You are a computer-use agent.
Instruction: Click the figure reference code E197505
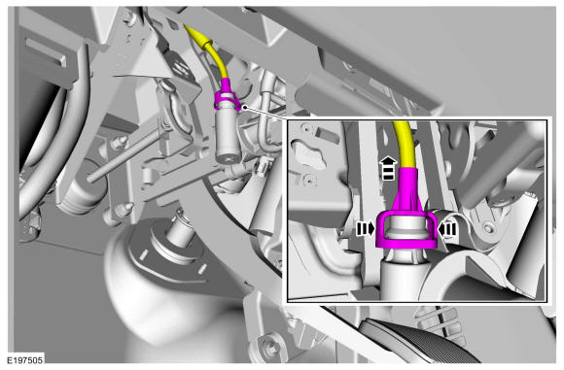click(25, 359)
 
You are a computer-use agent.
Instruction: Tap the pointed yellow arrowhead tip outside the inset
click(184, 25)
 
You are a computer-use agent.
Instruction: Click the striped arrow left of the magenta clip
click(365, 228)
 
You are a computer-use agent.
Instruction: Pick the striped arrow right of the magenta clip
click(447, 229)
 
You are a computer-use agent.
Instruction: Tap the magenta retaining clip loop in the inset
click(406, 230)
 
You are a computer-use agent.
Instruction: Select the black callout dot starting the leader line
click(245, 107)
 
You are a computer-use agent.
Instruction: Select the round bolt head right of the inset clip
click(488, 228)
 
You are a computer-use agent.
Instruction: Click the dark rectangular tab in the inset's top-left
click(327, 136)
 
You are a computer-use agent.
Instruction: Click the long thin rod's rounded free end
click(90, 177)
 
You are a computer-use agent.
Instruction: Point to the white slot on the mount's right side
click(202, 268)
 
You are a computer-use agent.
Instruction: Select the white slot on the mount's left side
click(144, 254)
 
